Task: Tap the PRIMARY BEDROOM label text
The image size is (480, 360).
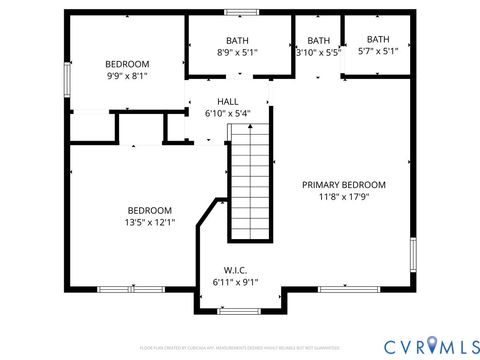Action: coord(344,185)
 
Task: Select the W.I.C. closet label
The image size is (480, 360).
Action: coord(235,269)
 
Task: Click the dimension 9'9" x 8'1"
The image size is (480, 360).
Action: coord(127,75)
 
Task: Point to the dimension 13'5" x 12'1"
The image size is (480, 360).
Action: coord(150,222)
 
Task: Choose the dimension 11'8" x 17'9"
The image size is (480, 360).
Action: coord(344,197)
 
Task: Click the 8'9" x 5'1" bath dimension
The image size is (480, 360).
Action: coord(238,52)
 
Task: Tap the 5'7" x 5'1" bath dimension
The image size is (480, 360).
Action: coord(378,51)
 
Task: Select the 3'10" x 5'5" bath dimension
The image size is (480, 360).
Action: coord(318,52)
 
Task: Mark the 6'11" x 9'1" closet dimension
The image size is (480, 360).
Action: coord(235,282)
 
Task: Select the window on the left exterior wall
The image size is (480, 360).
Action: coord(68,76)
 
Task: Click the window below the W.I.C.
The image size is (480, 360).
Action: coord(239,311)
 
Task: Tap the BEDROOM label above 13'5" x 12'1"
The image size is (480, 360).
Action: coord(150,210)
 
